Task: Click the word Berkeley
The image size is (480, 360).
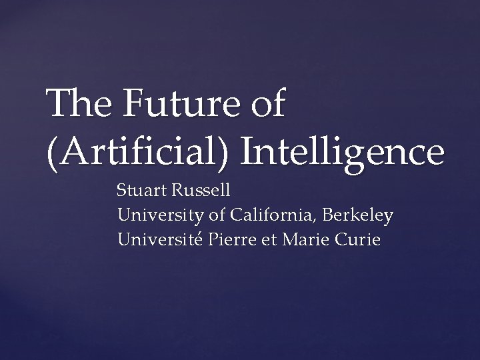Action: [360, 215]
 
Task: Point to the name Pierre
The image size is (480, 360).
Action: [229, 239]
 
